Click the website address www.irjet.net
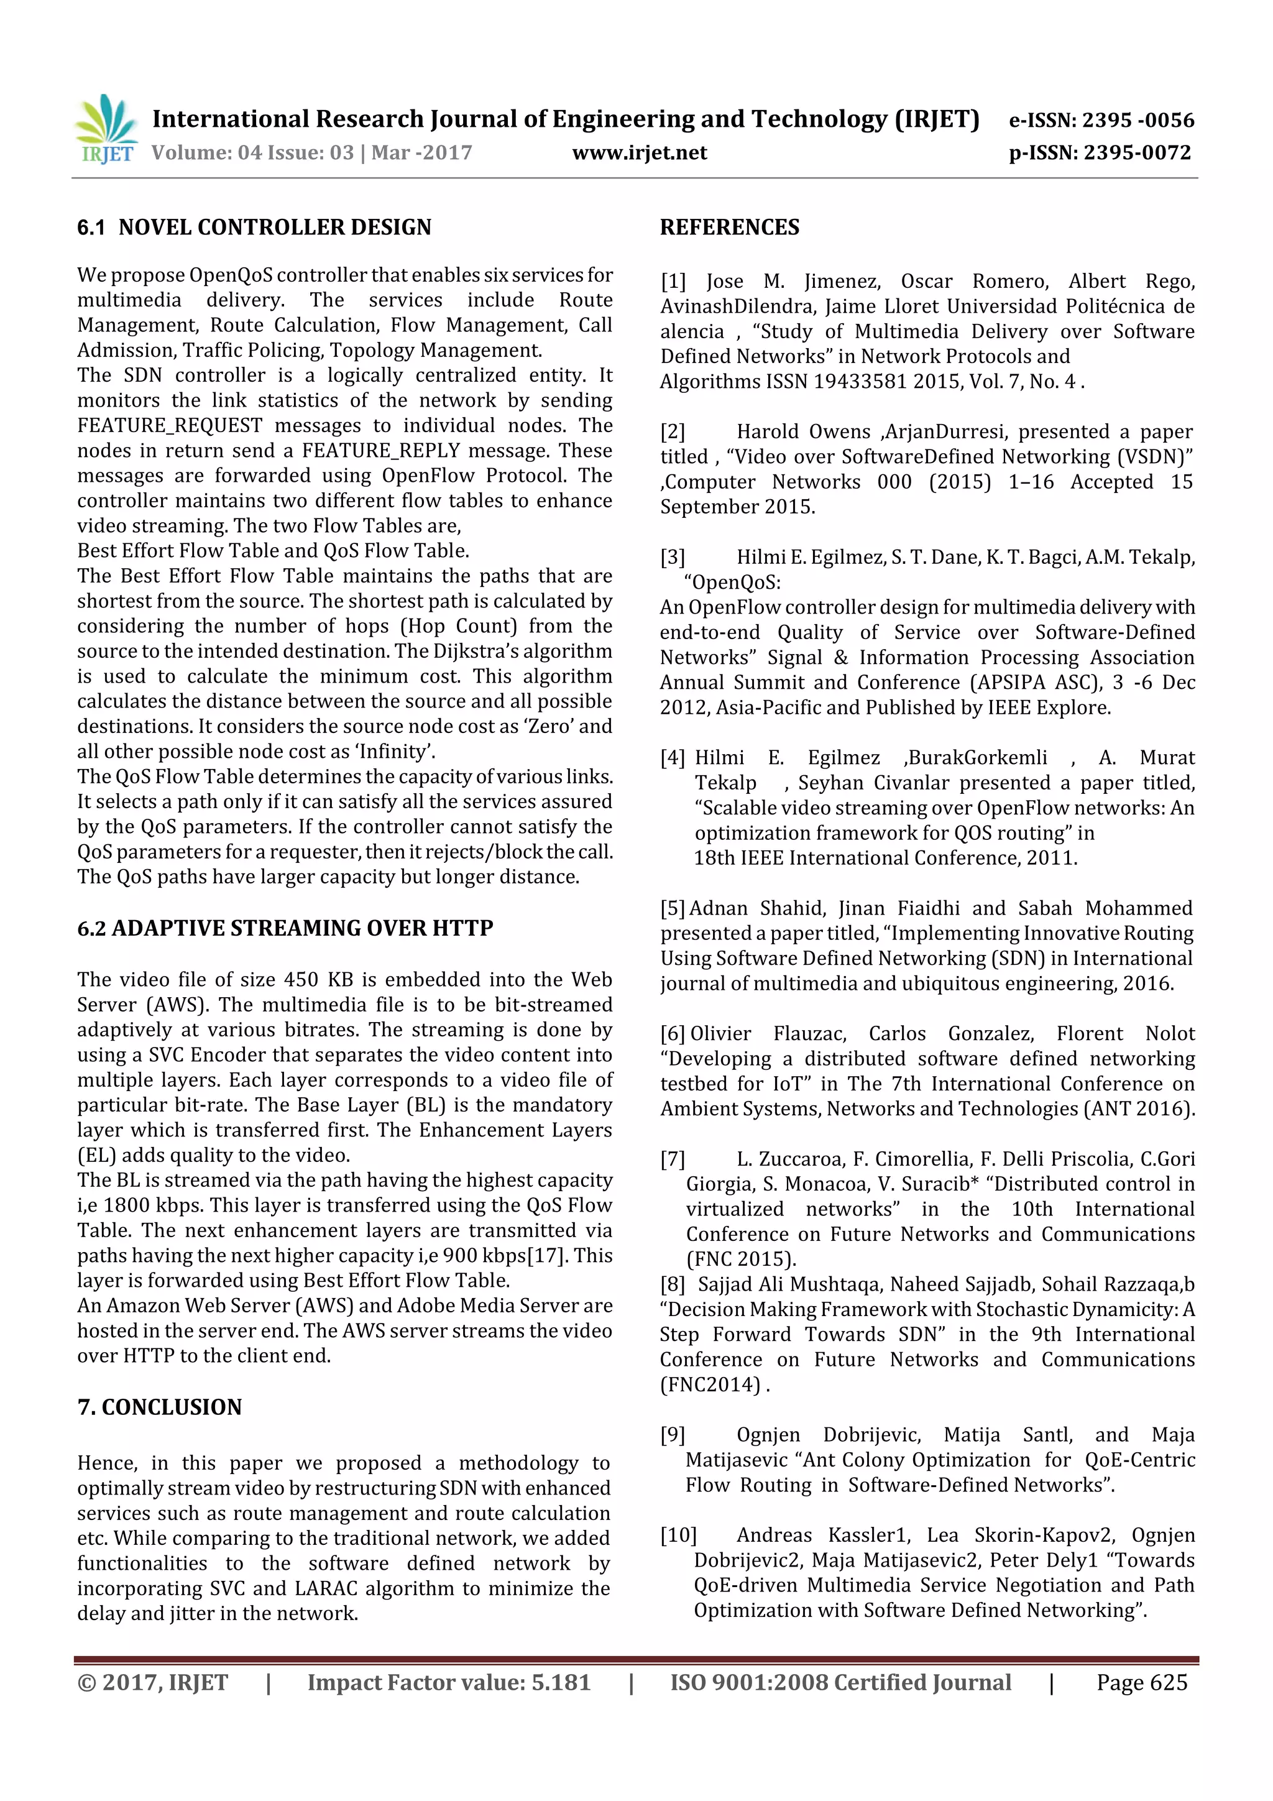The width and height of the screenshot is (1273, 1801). pyautogui.click(x=639, y=153)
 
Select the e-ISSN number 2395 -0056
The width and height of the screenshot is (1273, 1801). pyautogui.click(x=1137, y=120)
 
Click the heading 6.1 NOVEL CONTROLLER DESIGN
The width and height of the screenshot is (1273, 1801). pyautogui.click(x=254, y=228)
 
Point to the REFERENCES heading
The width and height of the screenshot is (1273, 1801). pyautogui.click(x=730, y=228)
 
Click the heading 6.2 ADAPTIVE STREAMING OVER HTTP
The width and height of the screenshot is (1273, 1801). pyautogui.click(x=285, y=928)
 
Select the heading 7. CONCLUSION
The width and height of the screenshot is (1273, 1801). pyautogui.click(x=159, y=1407)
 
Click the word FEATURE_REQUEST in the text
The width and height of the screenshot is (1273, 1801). pyautogui.click(x=170, y=426)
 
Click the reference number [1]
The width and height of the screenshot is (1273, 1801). pyautogui.click(x=673, y=282)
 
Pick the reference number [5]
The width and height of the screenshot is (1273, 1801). pyautogui.click(x=673, y=908)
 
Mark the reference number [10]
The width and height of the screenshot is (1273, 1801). pyautogui.click(x=678, y=1535)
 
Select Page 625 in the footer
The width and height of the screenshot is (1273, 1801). pyautogui.click(x=1142, y=1682)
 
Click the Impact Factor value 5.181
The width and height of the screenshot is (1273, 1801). pyautogui.click(x=560, y=1682)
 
